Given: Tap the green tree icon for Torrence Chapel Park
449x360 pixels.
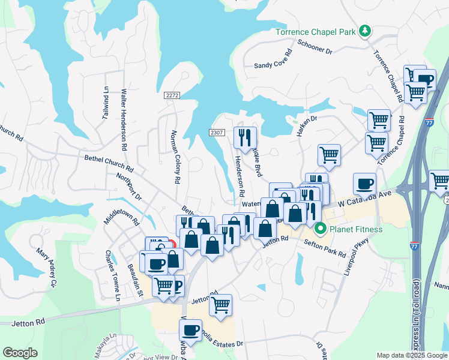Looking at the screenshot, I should (x=364, y=31).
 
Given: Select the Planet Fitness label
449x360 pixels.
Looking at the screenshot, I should (x=354, y=228).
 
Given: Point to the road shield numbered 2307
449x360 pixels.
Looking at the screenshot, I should (x=217, y=133).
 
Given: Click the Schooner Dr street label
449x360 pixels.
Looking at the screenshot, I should (x=315, y=47).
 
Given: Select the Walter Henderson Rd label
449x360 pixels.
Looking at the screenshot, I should (x=124, y=119).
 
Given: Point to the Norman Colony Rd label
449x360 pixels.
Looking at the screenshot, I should (x=176, y=156).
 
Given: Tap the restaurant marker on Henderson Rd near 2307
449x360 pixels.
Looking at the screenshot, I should (x=245, y=137).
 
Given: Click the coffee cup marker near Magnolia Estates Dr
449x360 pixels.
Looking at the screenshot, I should (x=191, y=329).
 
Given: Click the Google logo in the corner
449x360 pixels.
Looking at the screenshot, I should (x=20, y=353).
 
